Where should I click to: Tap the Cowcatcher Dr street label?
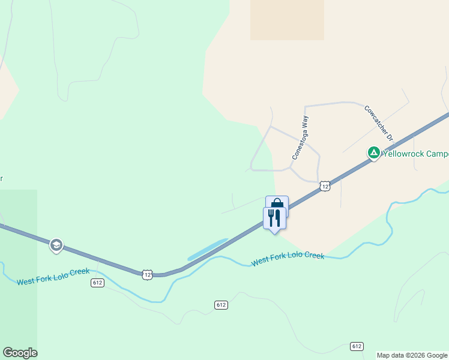pos(378,123)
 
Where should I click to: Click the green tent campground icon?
pos(373,154)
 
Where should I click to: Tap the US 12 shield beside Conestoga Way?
pos(324,186)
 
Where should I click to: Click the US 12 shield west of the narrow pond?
pos(148,274)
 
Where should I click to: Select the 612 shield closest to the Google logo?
pos(98,283)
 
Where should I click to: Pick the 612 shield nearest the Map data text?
pos(357,346)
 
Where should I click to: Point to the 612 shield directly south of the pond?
pos(221,305)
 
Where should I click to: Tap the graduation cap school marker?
pos(56,245)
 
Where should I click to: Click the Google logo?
pos(20,353)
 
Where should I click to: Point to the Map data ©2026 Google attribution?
pos(412,355)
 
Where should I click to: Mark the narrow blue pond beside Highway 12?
pos(207,250)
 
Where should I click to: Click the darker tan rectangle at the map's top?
pos(287,20)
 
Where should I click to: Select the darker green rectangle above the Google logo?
pos(18,264)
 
